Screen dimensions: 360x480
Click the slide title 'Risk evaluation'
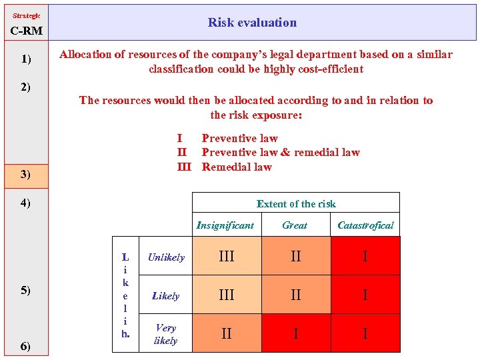252,23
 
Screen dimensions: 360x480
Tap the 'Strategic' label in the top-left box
26,15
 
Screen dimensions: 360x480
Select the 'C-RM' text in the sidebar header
26,31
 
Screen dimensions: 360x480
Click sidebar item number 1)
26,59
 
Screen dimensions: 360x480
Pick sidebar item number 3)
26,175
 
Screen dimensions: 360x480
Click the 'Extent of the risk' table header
296,204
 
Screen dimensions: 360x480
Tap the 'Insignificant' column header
225,225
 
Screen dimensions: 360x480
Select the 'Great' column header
295,225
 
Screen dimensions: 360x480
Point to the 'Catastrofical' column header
365,225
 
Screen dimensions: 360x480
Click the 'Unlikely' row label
166,257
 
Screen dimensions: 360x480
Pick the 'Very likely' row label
166,334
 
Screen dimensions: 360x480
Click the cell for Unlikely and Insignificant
227,257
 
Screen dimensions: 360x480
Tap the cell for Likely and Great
296,295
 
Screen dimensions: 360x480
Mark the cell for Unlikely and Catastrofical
365,257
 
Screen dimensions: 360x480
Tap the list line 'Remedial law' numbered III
237,167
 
